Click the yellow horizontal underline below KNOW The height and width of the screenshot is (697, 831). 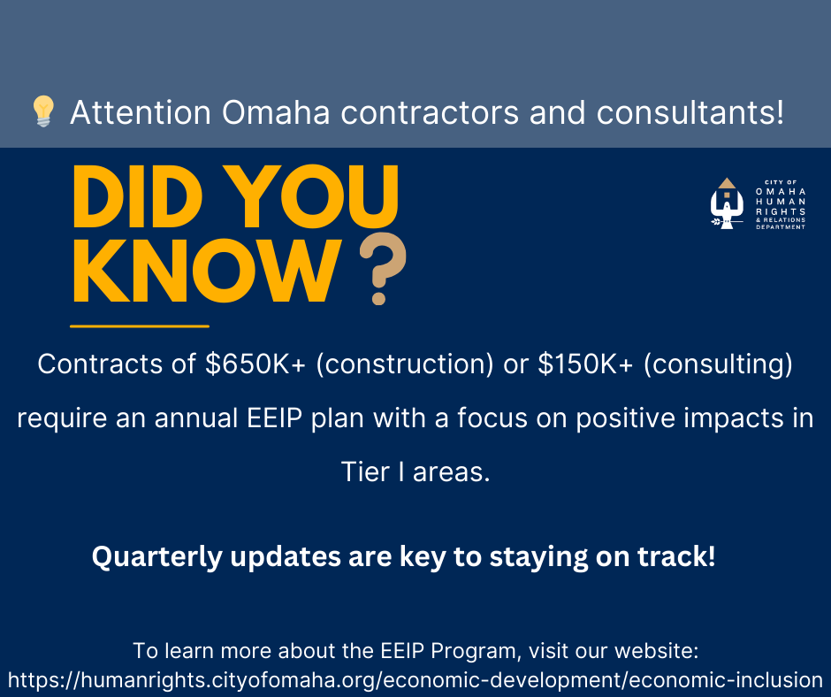139,326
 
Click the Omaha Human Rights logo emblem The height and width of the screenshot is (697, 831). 726,203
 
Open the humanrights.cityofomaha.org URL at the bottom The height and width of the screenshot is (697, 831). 415,679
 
